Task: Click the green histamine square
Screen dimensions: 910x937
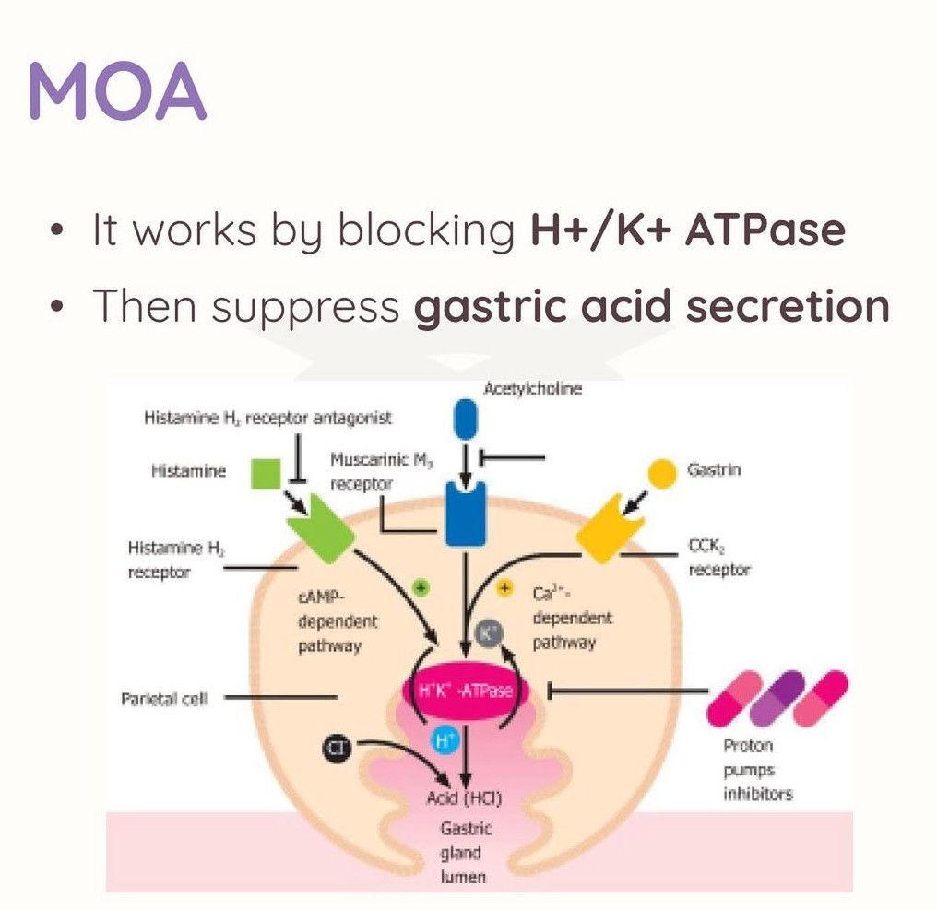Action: (x=266, y=473)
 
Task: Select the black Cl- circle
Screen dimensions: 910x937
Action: (x=337, y=750)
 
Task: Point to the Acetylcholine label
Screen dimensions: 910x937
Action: (x=533, y=389)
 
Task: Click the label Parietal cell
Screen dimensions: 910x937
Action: (x=164, y=699)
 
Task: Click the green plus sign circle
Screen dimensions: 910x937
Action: (x=421, y=586)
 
